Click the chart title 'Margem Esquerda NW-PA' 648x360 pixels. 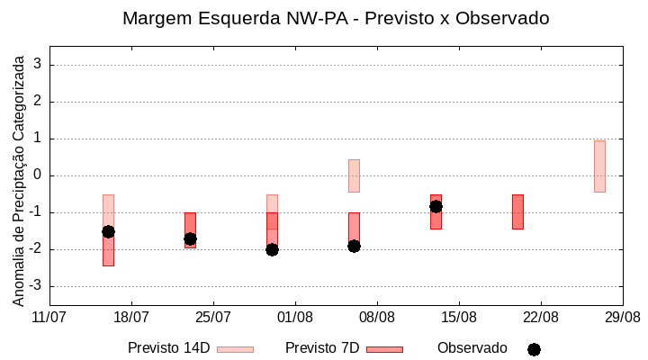coord(335,18)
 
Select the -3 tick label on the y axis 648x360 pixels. coord(35,286)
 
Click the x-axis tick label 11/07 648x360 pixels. coord(49,317)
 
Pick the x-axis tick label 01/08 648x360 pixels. coord(294,317)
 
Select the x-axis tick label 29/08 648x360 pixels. coord(622,317)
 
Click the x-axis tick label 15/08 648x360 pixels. coord(458,317)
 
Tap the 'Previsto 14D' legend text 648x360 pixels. coord(168,348)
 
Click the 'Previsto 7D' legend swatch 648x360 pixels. coord(384,349)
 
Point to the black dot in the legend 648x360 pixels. coord(534,349)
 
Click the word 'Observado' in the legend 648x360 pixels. coord(472,348)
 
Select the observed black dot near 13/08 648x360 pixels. coord(436,206)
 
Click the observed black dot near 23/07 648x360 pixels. coord(190,238)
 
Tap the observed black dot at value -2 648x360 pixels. coord(272,249)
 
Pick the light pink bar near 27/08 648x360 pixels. coord(599,166)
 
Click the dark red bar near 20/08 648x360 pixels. coord(517,211)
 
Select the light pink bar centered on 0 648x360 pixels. coord(354,175)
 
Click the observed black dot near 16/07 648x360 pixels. coord(108,231)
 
